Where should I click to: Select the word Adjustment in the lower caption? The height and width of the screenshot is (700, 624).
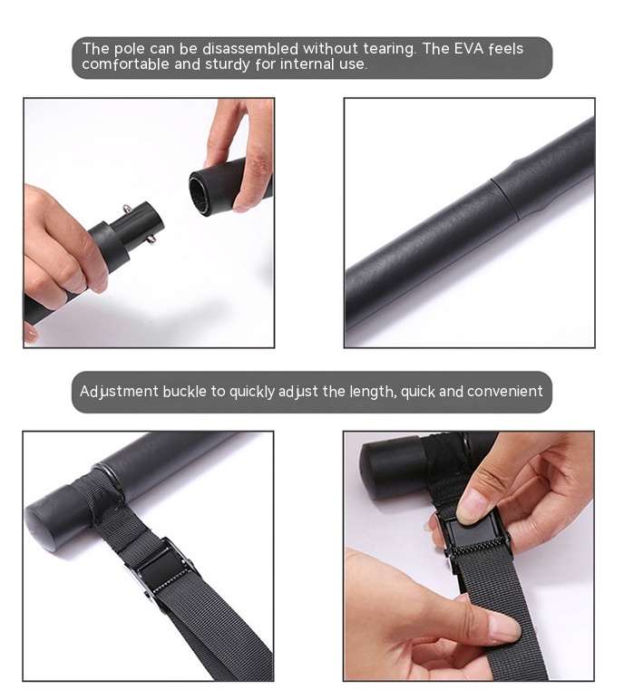[118, 392]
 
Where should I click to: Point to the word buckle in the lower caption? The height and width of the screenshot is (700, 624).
[185, 392]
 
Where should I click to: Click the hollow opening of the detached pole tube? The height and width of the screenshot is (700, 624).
[201, 190]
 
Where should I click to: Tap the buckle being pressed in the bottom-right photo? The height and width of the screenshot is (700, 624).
[475, 539]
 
